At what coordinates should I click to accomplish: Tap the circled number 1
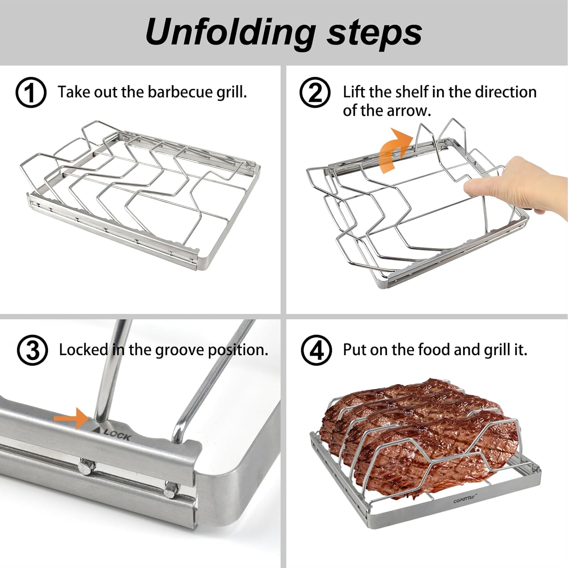tap(31, 92)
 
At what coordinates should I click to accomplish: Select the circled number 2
tap(315, 92)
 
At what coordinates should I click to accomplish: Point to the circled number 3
tap(32, 350)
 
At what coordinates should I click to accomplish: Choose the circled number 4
tap(316, 350)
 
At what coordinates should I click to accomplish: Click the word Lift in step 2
tap(354, 92)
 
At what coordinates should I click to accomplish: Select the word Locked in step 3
tap(83, 350)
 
